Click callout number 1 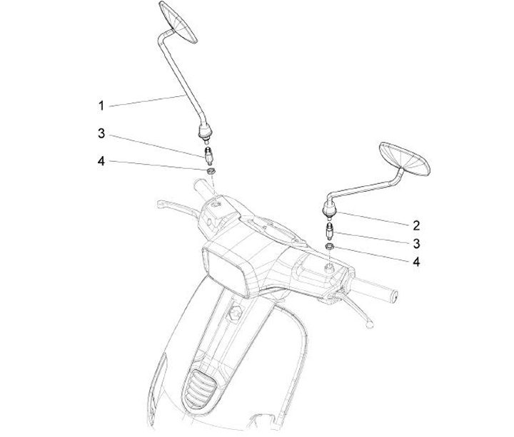[x=101, y=106]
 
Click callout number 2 [x=416, y=225]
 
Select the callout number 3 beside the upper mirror [x=101, y=133]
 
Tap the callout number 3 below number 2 [x=416, y=244]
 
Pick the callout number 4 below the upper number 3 [x=101, y=161]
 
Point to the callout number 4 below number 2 [x=416, y=262]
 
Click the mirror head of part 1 [x=178, y=22]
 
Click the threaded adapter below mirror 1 [x=208, y=156]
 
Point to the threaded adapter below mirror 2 [x=329, y=232]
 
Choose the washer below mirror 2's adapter [x=330, y=247]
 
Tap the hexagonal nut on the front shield [x=235, y=313]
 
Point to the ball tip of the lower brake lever [x=370, y=324]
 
